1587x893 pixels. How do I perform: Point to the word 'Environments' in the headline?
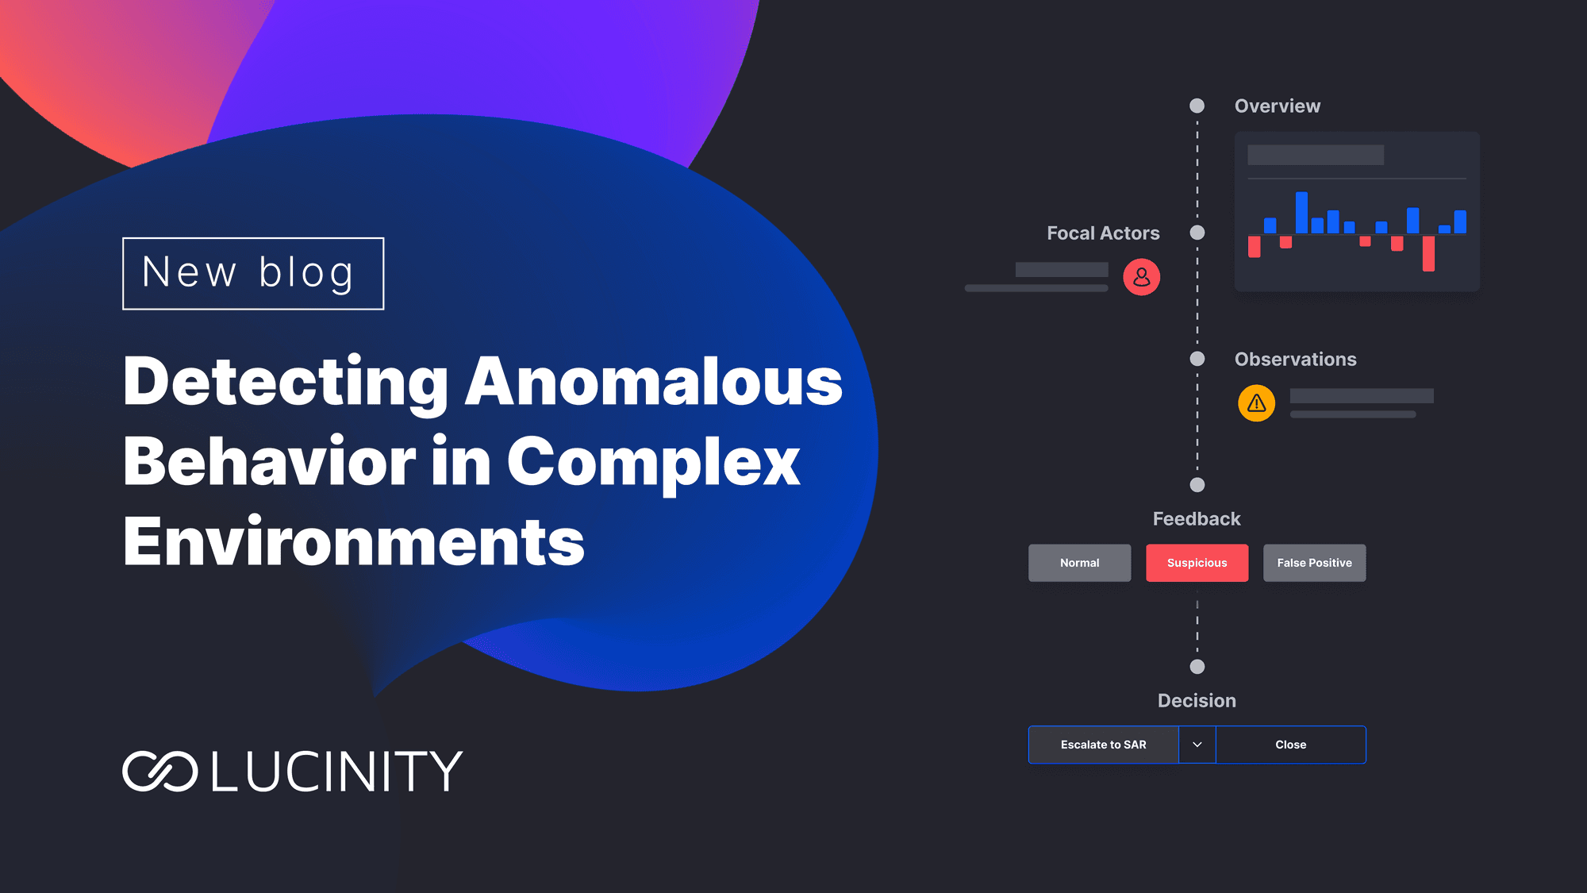[x=354, y=541]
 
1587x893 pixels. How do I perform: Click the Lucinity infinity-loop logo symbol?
[x=159, y=771]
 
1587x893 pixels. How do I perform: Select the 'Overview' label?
[x=1278, y=106]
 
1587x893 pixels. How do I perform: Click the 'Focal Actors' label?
[x=1103, y=233]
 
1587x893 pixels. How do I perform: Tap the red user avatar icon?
[x=1142, y=277]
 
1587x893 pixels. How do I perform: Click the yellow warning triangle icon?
[x=1257, y=403]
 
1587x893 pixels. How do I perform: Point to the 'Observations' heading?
[x=1296, y=359]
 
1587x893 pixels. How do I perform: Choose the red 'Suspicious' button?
[x=1197, y=563]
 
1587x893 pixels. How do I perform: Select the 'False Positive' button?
[x=1314, y=563]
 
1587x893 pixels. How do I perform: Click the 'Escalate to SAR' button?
[x=1104, y=745]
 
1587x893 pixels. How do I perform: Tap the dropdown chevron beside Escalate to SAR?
[x=1197, y=745]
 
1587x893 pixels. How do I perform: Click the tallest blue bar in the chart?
[x=1301, y=213]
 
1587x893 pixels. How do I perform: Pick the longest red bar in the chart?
[x=1428, y=253]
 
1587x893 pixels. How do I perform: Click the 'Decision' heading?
[x=1197, y=700]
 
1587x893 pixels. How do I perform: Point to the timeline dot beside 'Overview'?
[x=1197, y=106]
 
